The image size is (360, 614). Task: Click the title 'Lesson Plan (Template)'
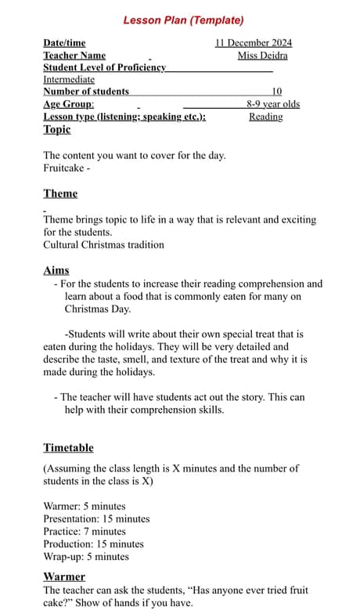click(x=183, y=20)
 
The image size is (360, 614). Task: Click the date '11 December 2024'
click(x=253, y=43)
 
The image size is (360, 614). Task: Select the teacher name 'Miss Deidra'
click(x=262, y=56)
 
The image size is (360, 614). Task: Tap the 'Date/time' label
click(x=64, y=43)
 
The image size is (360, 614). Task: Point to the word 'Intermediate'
click(x=69, y=79)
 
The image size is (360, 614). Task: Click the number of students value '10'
click(x=277, y=92)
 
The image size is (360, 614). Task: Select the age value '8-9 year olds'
click(x=272, y=104)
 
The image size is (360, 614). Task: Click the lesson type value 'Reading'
click(x=266, y=117)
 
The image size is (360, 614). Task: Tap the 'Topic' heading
click(x=57, y=129)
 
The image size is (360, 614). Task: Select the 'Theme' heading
click(x=60, y=193)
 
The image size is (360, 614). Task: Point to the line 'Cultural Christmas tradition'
click(x=103, y=244)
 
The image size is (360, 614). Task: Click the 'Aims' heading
click(x=56, y=271)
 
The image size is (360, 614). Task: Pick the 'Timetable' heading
click(x=68, y=448)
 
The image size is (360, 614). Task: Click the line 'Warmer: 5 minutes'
click(x=84, y=506)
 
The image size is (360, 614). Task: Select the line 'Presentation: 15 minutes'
click(x=96, y=518)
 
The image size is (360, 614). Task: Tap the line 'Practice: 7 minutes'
click(x=84, y=531)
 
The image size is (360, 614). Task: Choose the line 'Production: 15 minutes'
click(x=93, y=544)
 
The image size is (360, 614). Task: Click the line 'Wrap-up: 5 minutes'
click(x=86, y=557)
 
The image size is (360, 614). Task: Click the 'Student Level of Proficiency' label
click(x=104, y=67)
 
